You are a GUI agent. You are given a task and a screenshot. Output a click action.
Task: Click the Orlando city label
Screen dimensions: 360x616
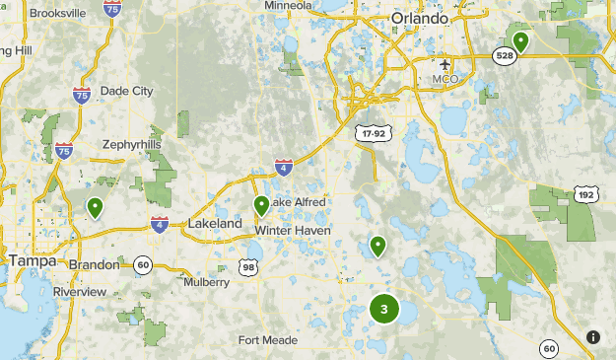[x=420, y=19]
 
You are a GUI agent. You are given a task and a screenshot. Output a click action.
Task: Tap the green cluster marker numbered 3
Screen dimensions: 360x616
[x=383, y=309]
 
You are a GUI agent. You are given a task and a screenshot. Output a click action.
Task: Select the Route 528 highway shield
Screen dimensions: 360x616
[x=503, y=57]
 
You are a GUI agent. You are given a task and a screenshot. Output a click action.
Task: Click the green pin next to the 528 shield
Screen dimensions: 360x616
[x=519, y=40]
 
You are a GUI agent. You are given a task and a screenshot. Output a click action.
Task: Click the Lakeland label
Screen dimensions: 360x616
[x=215, y=224]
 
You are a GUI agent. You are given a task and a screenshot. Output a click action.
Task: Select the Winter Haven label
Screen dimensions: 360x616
[x=293, y=230]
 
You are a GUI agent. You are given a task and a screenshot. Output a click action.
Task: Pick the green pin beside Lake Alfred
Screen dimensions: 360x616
[x=261, y=205]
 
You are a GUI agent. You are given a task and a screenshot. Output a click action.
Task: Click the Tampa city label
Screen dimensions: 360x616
[x=31, y=260]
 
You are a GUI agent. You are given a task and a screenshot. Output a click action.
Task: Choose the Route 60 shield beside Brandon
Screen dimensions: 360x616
[x=143, y=264]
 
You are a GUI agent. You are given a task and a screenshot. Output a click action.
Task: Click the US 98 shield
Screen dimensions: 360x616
[x=249, y=266]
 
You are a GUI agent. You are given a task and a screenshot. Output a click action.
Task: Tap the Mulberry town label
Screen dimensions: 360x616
[x=206, y=282]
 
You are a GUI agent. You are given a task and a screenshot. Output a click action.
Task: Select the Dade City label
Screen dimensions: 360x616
[x=127, y=91]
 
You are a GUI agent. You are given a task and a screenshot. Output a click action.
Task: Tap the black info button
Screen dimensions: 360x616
[x=593, y=336]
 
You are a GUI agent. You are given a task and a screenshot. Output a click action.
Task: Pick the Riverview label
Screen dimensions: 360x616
[x=81, y=292]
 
